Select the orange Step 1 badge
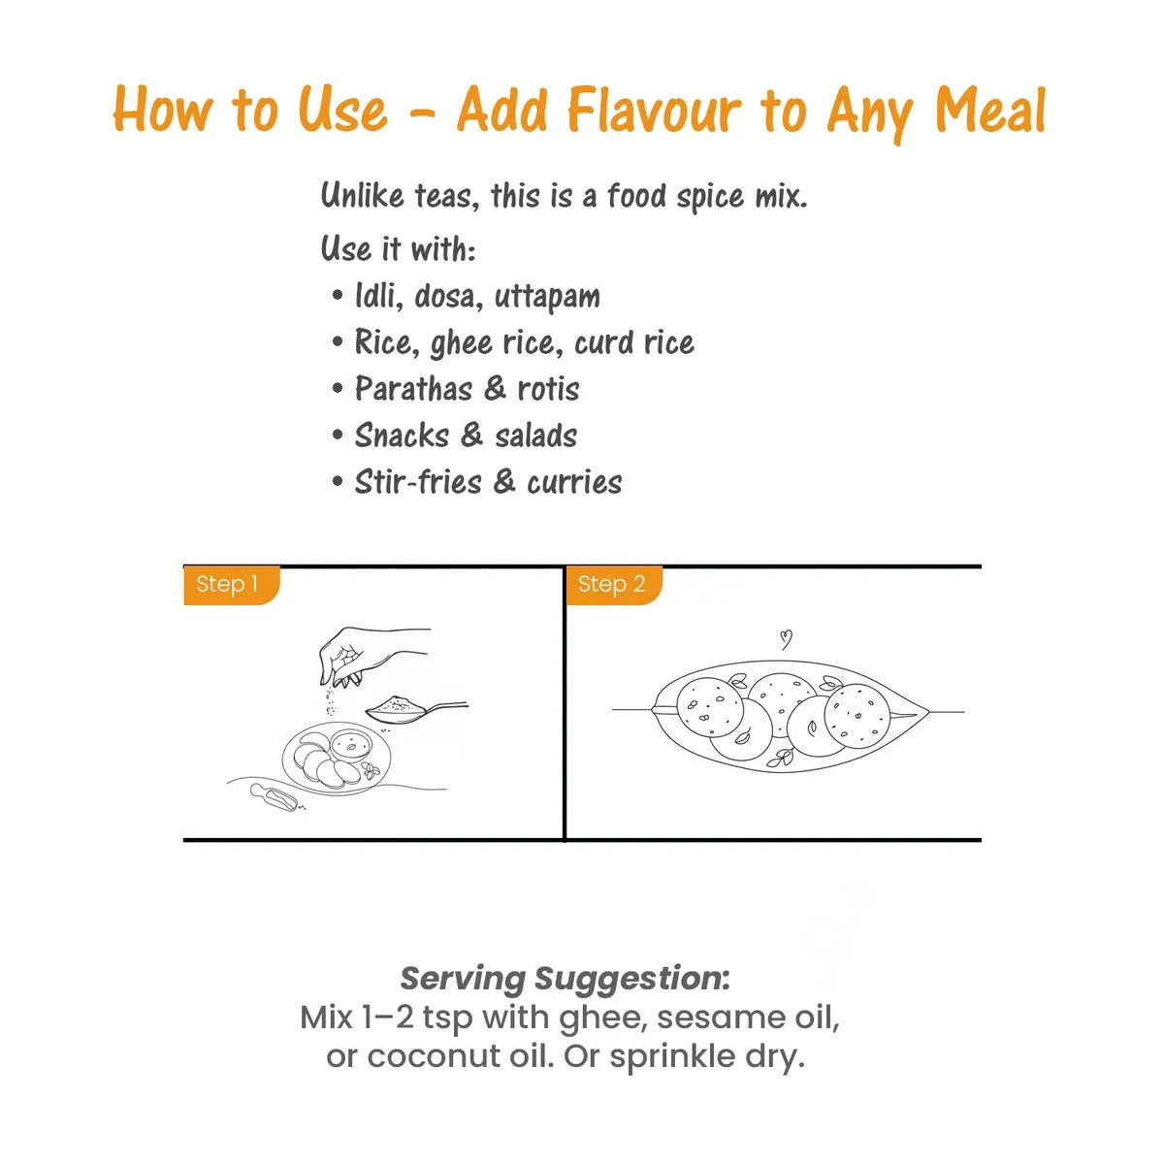[232, 585]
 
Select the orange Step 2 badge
[614, 585]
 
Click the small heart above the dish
[785, 639]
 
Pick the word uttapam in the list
[547, 297]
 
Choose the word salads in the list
[535, 436]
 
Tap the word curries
[574, 482]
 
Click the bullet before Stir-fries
[338, 482]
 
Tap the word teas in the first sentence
[447, 196]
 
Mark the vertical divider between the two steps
[565, 703]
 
